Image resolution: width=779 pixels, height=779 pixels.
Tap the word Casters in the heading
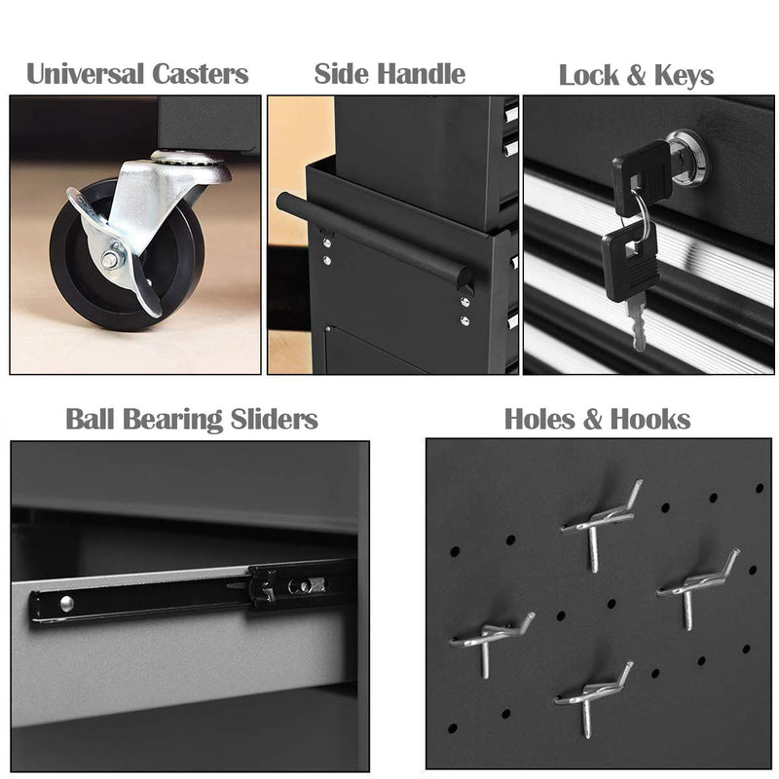[200, 74]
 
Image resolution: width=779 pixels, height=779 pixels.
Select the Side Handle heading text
[389, 74]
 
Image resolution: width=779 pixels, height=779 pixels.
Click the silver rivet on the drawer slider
[66, 604]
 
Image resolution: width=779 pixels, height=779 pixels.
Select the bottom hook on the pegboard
[591, 694]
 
